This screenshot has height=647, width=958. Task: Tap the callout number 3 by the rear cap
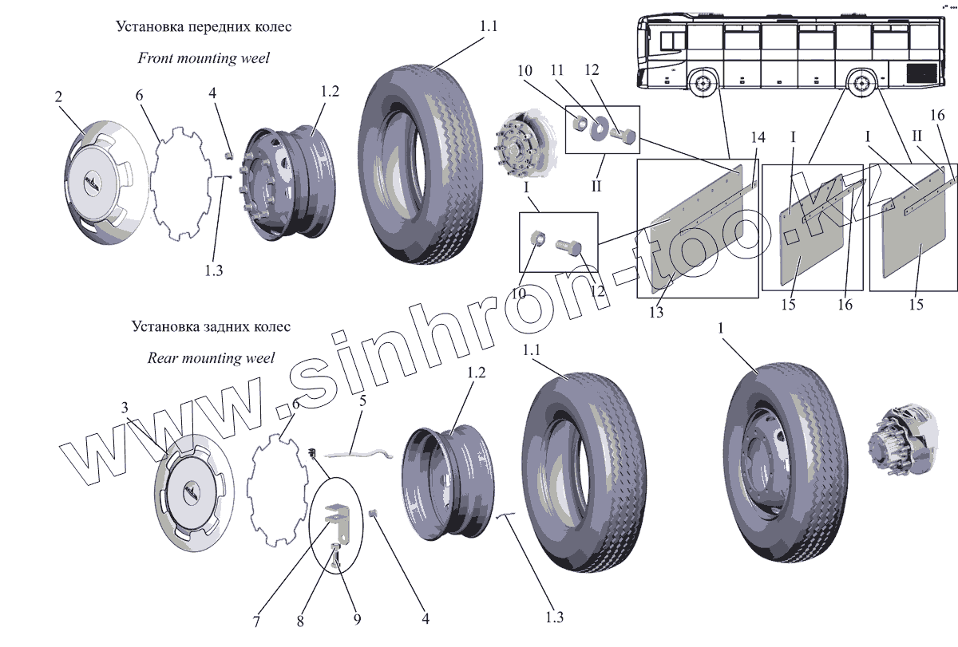click(x=125, y=408)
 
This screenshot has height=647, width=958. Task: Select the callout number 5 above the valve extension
click(x=362, y=400)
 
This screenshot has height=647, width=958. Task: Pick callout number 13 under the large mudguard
click(x=656, y=312)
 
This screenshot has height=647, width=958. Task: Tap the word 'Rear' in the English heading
click(x=163, y=358)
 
